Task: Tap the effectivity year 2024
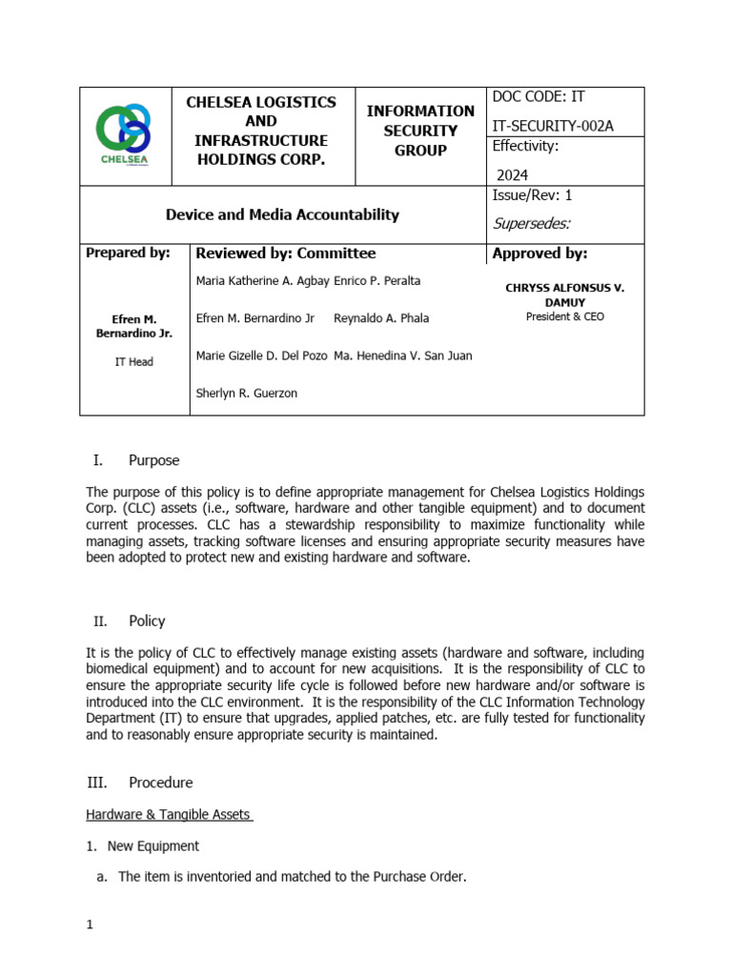pos(512,174)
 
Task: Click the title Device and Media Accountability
pos(282,214)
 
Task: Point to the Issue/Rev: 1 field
pos(532,195)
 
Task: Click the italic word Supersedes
pos(531,224)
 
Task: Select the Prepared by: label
pos(128,254)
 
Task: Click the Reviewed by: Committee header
pos(285,254)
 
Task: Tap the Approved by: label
pos(539,254)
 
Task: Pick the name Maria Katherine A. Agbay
pos(262,281)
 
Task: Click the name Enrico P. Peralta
pos(377,281)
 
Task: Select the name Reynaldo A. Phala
pos(381,318)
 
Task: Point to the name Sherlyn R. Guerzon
pos(246,393)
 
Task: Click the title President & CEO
pos(564,316)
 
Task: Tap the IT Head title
pos(133,362)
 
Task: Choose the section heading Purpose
pos(153,460)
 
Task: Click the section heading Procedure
pos(160,783)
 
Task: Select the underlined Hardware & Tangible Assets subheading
pos(169,815)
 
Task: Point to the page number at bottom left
pos(89,925)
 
